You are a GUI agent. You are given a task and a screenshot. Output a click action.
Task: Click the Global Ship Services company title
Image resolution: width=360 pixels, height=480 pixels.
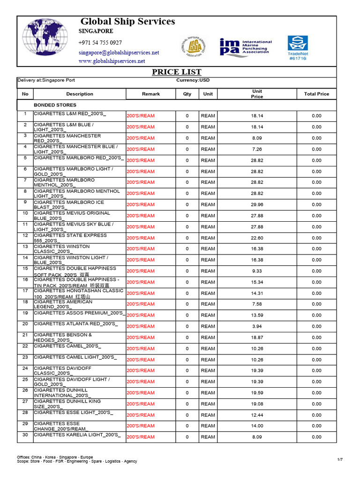(127, 22)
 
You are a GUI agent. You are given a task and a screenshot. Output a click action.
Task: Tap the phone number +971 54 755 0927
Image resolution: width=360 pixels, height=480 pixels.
(100, 43)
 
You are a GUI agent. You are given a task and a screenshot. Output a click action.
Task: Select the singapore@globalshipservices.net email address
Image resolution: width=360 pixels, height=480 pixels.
(119, 52)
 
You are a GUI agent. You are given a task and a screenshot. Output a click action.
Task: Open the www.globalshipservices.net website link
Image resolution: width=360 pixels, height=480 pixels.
(112, 61)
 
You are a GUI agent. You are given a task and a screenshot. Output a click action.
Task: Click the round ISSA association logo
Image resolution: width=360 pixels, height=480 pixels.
(193, 46)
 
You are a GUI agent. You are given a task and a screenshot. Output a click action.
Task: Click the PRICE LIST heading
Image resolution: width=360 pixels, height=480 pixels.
(177, 72)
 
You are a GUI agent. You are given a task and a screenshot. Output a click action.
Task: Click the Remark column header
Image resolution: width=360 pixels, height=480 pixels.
(151, 94)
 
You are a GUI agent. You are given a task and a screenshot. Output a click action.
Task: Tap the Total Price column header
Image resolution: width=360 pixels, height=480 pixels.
(316, 94)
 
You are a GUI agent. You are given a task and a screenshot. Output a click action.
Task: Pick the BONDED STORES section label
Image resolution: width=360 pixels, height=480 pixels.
(55, 105)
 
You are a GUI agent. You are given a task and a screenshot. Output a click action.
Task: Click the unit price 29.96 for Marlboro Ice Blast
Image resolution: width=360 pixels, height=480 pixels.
(257, 204)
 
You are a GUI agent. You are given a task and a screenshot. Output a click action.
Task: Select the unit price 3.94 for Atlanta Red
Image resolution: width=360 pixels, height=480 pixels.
(257, 326)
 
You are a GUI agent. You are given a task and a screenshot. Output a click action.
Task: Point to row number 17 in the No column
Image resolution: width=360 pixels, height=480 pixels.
(25, 291)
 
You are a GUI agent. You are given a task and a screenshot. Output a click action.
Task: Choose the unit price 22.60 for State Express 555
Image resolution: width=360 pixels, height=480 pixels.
(257, 238)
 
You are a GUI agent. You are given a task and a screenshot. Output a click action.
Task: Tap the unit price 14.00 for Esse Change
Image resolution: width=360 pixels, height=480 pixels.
(257, 426)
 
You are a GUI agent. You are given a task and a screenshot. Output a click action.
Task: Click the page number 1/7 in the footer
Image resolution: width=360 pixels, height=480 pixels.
(340, 459)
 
